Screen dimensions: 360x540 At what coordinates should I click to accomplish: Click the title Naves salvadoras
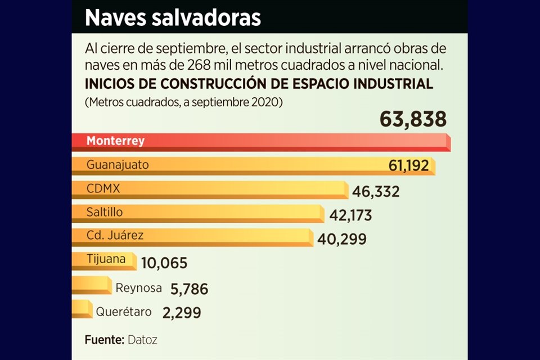173,18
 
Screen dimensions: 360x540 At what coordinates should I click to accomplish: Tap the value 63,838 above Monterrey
413,119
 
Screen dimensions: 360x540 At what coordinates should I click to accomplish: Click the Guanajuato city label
118,165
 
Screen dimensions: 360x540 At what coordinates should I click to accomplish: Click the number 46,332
376,191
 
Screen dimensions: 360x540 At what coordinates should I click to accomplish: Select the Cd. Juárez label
115,235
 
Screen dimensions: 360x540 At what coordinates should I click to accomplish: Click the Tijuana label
105,259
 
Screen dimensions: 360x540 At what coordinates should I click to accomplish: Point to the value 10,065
164,263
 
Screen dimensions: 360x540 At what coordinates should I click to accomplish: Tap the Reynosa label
138,289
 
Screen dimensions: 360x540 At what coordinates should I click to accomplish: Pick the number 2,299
181,312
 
